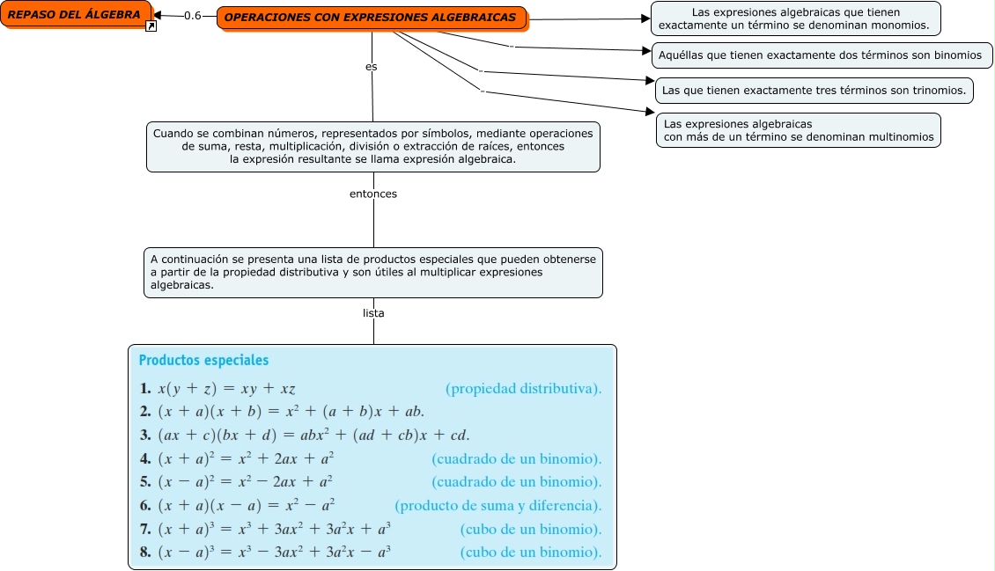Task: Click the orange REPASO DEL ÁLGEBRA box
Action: (74, 14)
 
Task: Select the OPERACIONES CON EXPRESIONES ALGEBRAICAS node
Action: (371, 18)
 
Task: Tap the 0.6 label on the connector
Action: (192, 16)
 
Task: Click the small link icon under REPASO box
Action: (151, 27)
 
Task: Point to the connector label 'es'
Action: (372, 67)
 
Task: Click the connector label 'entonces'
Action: (373, 194)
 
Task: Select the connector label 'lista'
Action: (373, 313)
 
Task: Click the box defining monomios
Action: (795, 18)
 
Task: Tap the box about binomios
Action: (821, 55)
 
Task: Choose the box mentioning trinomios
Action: (814, 90)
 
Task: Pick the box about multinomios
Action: (798, 130)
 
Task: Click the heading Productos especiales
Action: (203, 360)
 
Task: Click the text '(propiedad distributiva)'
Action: (524, 388)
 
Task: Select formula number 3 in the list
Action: (305, 435)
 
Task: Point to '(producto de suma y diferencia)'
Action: (498, 505)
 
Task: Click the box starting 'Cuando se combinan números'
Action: (372, 146)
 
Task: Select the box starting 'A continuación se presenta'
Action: (372, 272)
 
